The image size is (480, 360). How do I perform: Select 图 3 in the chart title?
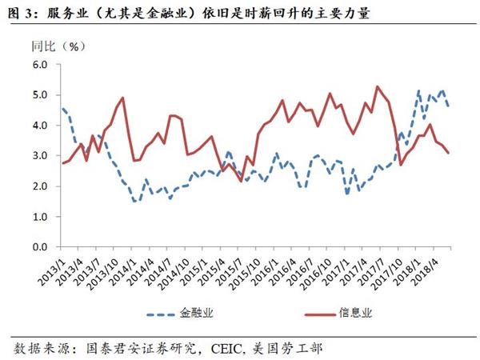point(18,13)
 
